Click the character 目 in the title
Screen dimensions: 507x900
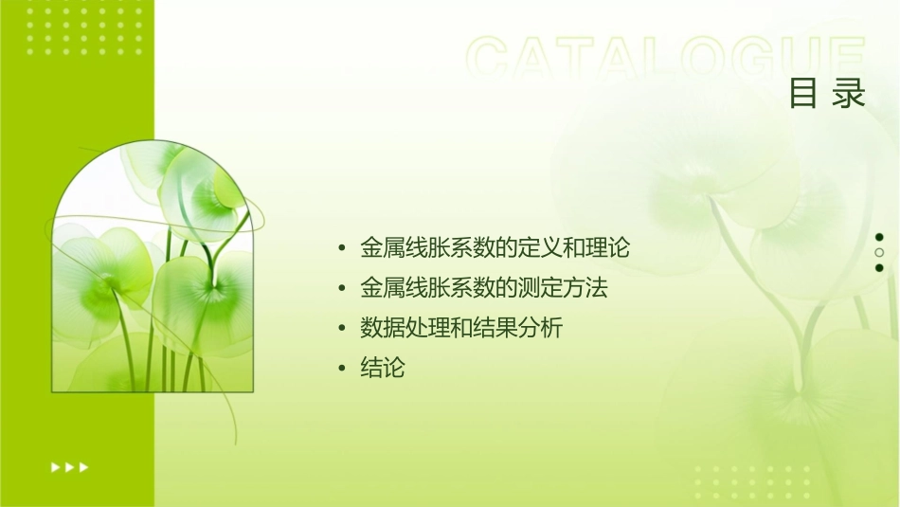click(x=803, y=94)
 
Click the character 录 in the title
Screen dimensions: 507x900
click(x=850, y=94)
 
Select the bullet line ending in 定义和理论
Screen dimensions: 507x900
click(x=495, y=248)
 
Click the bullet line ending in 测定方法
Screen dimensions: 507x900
click(x=483, y=288)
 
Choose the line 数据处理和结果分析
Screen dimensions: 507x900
click(x=461, y=328)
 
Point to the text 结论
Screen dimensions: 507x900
click(x=383, y=368)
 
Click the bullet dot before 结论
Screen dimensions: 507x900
click(x=342, y=369)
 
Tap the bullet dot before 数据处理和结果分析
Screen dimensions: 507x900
click(x=342, y=329)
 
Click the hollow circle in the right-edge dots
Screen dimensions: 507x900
click(x=879, y=252)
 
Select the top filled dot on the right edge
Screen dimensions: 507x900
click(x=879, y=237)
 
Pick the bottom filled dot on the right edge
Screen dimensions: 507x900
click(x=879, y=267)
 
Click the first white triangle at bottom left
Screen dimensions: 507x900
click(x=55, y=466)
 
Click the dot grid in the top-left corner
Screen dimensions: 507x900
click(x=84, y=29)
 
